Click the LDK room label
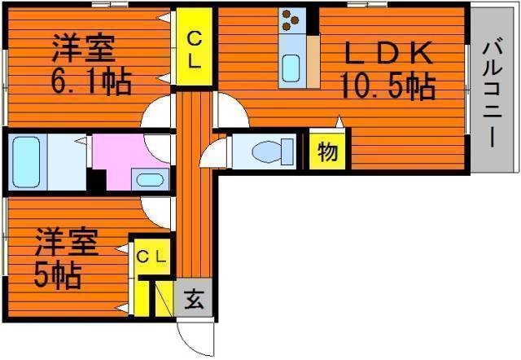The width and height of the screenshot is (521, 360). [x=389, y=53]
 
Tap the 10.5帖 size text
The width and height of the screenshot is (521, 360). [x=387, y=87]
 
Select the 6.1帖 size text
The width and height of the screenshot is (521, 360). [x=91, y=81]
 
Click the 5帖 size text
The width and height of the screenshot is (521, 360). [x=57, y=275]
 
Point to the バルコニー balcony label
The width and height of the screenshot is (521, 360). [x=493, y=92]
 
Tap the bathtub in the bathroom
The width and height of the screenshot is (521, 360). [x=26, y=162]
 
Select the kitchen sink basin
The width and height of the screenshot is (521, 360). [x=291, y=68]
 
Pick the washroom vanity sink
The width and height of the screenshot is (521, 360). [x=150, y=179]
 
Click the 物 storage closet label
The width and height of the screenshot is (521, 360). [x=327, y=151]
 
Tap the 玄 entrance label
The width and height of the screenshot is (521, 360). [x=194, y=298]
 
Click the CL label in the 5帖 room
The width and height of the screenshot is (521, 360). [x=151, y=257]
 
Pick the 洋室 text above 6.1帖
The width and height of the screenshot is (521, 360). [x=83, y=47]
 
